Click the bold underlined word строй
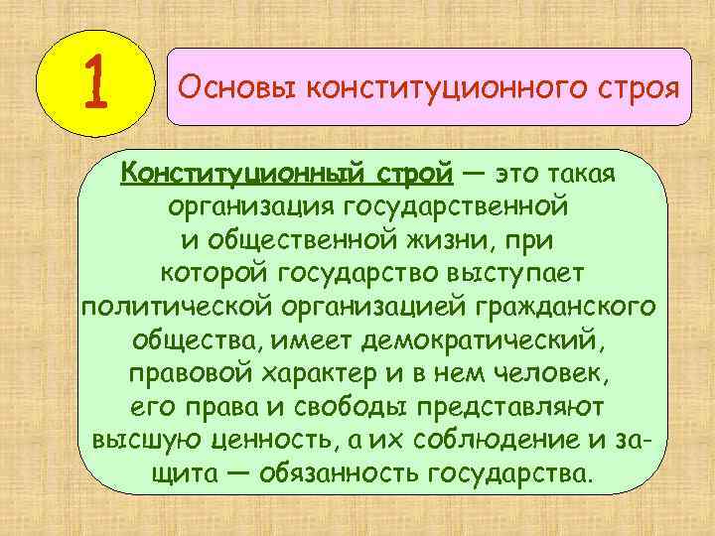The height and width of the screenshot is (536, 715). [x=408, y=175]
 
